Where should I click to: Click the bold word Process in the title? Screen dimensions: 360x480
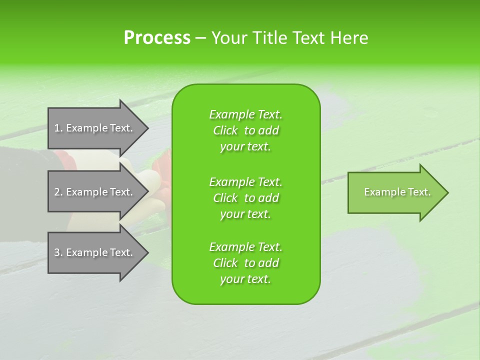(157, 38)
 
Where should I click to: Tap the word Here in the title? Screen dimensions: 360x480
(349, 38)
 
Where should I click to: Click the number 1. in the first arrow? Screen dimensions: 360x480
(58, 128)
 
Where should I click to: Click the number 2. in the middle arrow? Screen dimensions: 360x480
(58, 192)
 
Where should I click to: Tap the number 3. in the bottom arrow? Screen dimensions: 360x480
(58, 252)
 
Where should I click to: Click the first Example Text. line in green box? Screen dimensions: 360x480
(245, 114)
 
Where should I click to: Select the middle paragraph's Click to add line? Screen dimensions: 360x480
(245, 198)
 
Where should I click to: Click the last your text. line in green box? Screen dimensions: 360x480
(245, 279)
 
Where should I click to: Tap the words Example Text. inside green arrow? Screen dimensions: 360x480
(397, 192)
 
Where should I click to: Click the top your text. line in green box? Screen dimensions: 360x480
(245, 147)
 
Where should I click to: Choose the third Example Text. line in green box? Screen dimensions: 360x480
(245, 247)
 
